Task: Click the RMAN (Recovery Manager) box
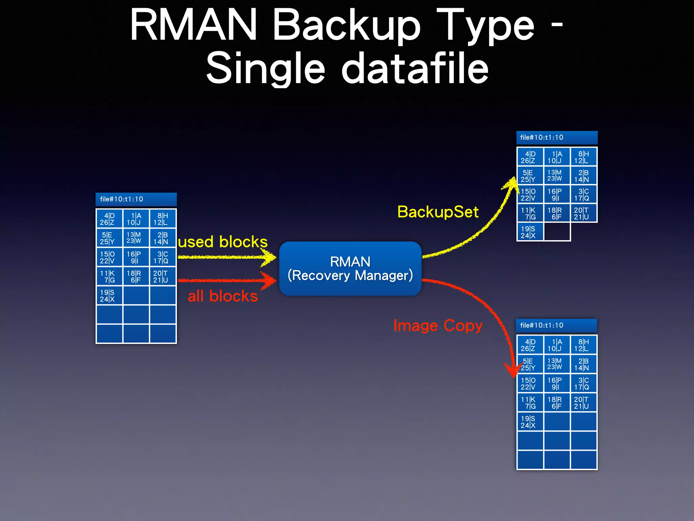[x=350, y=268]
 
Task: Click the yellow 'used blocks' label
[x=223, y=242]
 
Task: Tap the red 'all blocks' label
[x=223, y=296]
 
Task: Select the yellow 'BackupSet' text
[x=437, y=212]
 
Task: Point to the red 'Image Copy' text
[x=437, y=326]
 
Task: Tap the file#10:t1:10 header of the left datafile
[x=136, y=199]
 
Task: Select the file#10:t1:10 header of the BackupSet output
[x=556, y=137]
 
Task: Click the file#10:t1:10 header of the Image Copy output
[x=556, y=325]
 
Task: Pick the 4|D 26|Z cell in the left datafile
[x=109, y=219]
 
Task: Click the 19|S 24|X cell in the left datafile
[x=109, y=295]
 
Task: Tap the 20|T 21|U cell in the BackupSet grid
[x=583, y=213]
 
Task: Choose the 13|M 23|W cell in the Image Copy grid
[x=556, y=364]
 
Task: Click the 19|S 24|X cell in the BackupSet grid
[x=530, y=232]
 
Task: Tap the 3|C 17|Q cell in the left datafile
[x=162, y=257]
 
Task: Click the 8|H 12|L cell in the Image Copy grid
[x=583, y=345]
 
